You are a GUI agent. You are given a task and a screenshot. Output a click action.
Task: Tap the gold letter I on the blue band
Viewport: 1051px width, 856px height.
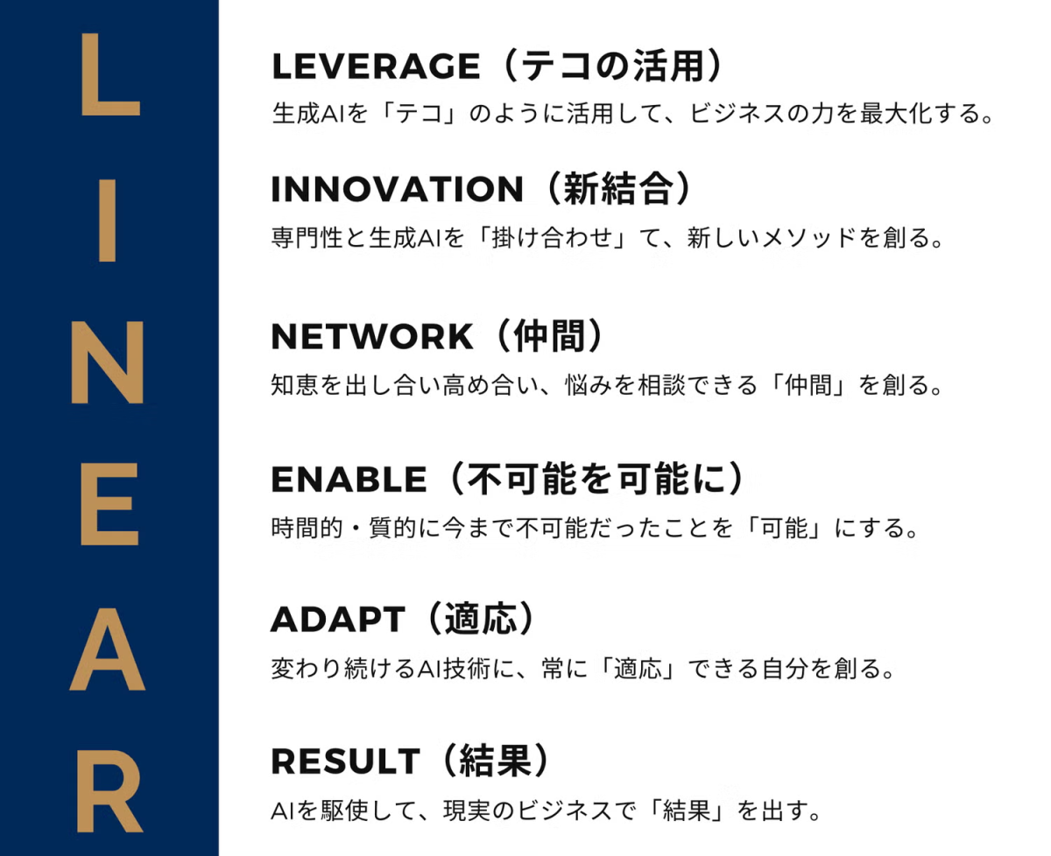point(108,221)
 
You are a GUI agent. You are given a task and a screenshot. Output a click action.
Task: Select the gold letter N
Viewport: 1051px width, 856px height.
point(108,362)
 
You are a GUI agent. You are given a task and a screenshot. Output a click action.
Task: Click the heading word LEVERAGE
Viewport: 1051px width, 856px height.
point(376,66)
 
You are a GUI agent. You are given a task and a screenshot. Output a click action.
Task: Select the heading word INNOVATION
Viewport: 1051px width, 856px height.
point(397,189)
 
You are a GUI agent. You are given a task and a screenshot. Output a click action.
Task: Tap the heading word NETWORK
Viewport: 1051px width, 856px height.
point(372,336)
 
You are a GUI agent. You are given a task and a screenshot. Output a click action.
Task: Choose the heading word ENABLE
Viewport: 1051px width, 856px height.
point(349,479)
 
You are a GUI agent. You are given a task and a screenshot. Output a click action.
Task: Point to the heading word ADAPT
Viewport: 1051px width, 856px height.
point(338,619)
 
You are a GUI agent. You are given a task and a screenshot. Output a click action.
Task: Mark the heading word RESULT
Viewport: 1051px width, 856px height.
point(345,761)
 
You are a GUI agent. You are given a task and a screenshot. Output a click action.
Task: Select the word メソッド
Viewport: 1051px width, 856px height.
point(810,237)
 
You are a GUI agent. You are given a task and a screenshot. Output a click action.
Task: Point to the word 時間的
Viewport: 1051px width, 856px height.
point(307,527)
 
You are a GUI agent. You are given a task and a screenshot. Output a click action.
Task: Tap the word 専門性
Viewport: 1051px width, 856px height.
point(307,237)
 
